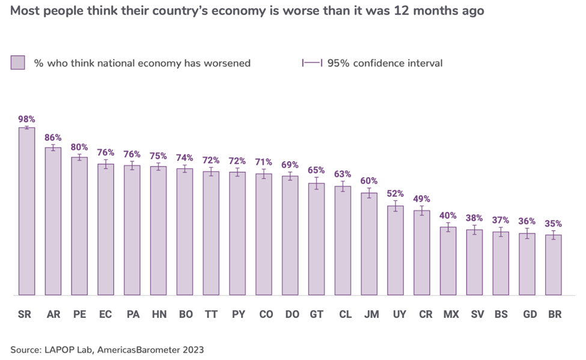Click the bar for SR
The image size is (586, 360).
[26, 212]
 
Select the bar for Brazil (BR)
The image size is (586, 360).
[553, 265]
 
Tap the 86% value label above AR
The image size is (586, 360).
[53, 138]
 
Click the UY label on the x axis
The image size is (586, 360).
[396, 314]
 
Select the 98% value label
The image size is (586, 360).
[26, 119]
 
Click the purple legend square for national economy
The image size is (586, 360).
[18, 63]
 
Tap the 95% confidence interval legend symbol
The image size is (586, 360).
[312, 63]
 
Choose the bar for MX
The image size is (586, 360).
[448, 261]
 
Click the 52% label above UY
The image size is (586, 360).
[395, 194]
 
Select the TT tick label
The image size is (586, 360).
[211, 314]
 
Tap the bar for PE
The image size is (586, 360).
[79, 227]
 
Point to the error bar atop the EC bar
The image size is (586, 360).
[106, 164]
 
